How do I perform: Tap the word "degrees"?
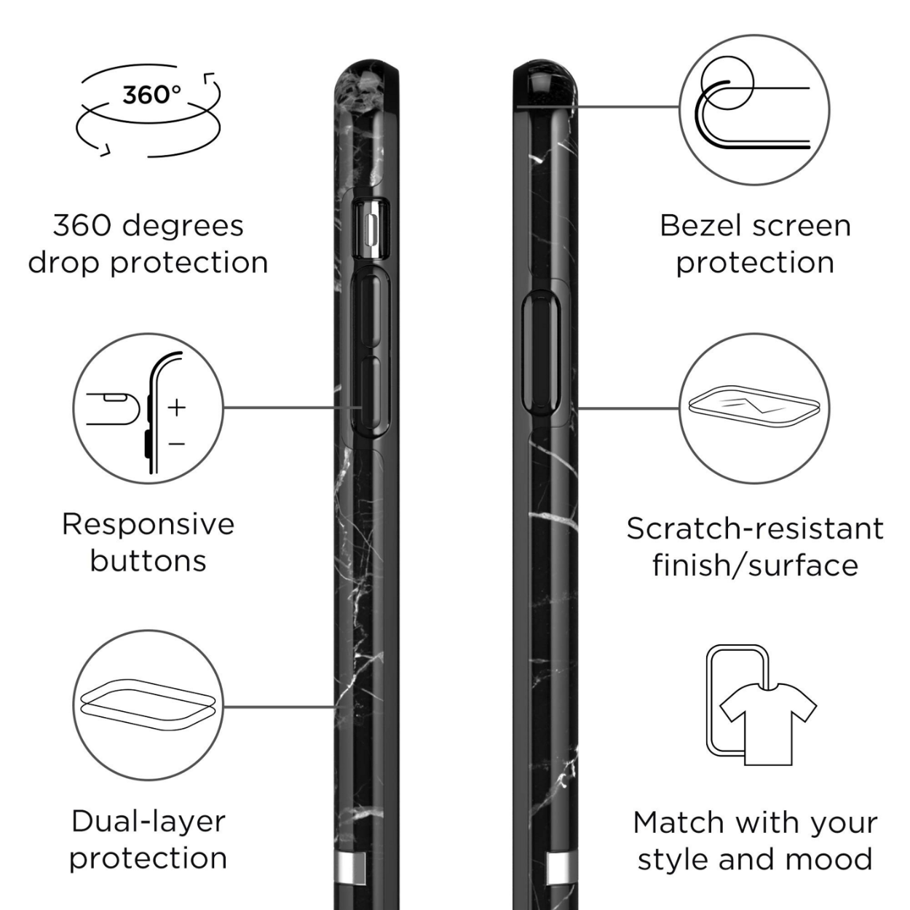(x=183, y=227)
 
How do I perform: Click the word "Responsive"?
(x=149, y=525)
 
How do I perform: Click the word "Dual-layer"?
(x=149, y=823)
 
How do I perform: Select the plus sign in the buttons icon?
(x=176, y=407)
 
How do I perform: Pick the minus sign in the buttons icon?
(x=176, y=443)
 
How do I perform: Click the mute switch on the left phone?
(x=372, y=229)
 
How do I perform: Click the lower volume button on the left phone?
(x=372, y=396)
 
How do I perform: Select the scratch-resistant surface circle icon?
(x=755, y=408)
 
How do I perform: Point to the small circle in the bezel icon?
(x=727, y=83)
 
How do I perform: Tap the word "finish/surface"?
(x=755, y=565)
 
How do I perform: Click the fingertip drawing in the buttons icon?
(x=114, y=408)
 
